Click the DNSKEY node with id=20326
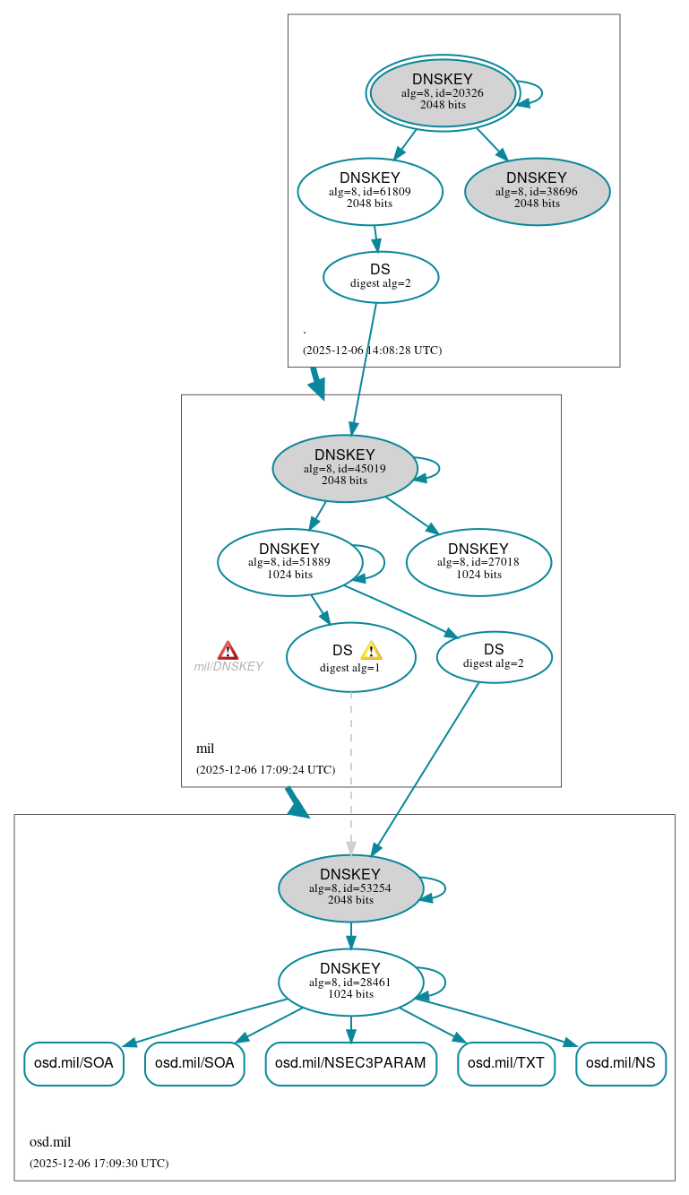tap(443, 92)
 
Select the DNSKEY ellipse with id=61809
tap(370, 191)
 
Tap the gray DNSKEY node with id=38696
tap(537, 191)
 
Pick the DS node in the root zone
tap(380, 276)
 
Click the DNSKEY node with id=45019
tap(345, 468)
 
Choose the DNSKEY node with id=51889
tap(289, 562)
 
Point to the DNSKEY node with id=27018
tap(478, 562)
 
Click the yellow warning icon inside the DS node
tap(371, 651)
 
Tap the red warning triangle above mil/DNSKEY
tap(228, 650)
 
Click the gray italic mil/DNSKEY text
tap(228, 666)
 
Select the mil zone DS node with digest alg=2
tap(494, 656)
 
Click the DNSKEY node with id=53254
tap(350, 888)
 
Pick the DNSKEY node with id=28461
tap(350, 982)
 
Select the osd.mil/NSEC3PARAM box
tap(350, 1063)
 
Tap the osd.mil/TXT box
tap(506, 1063)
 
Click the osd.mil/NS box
tap(620, 1063)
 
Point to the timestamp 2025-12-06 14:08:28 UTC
tap(372, 350)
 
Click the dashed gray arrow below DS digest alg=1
tap(351, 771)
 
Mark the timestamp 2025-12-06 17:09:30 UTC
tap(99, 1163)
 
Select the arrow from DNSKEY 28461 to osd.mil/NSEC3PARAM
tap(350, 1029)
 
